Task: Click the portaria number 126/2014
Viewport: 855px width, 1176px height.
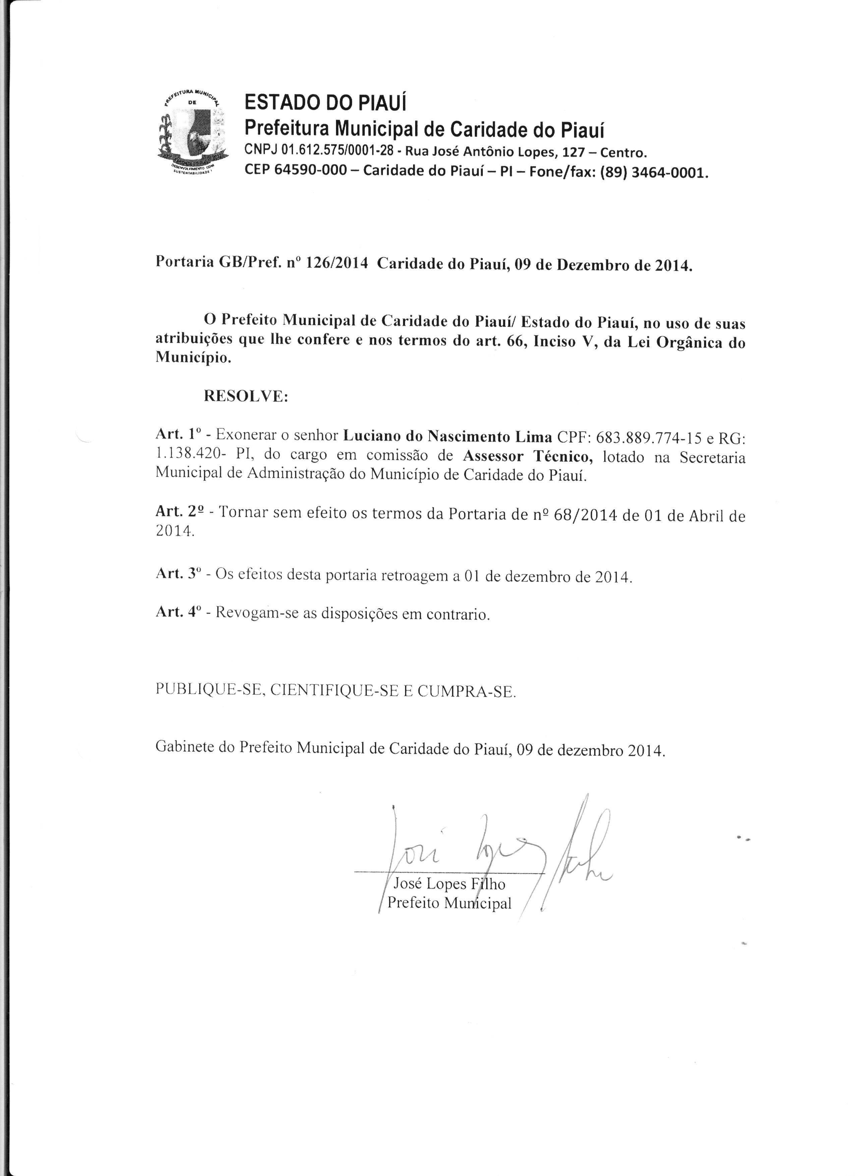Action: [x=337, y=263]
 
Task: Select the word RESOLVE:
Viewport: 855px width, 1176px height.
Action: [x=246, y=397]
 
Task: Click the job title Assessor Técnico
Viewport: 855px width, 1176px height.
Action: [x=528, y=456]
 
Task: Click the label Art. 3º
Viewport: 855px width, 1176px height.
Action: [x=178, y=574]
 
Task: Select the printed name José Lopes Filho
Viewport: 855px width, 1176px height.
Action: [x=450, y=884]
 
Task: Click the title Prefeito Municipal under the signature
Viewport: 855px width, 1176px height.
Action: [x=450, y=903]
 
